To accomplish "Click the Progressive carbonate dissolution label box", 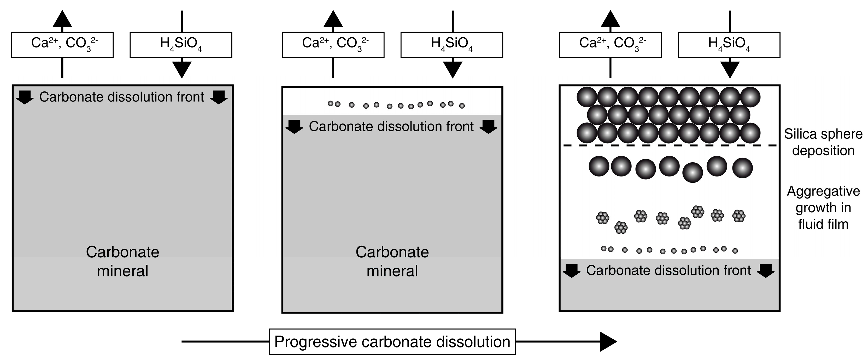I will point(392,341).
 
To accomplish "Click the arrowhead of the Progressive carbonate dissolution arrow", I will point(608,341).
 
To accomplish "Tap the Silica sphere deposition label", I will point(823,142).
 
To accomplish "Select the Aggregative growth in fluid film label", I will point(823,208).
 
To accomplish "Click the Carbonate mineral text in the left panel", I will point(122,261).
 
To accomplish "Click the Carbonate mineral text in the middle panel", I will point(392,261).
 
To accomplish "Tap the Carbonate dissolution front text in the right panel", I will point(668,270).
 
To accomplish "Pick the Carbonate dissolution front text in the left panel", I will point(122,97).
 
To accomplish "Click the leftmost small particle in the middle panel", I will point(331,104).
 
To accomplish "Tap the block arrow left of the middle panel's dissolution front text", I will point(294,127).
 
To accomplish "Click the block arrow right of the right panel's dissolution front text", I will point(766,270).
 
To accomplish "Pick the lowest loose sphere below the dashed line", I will point(693,172).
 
